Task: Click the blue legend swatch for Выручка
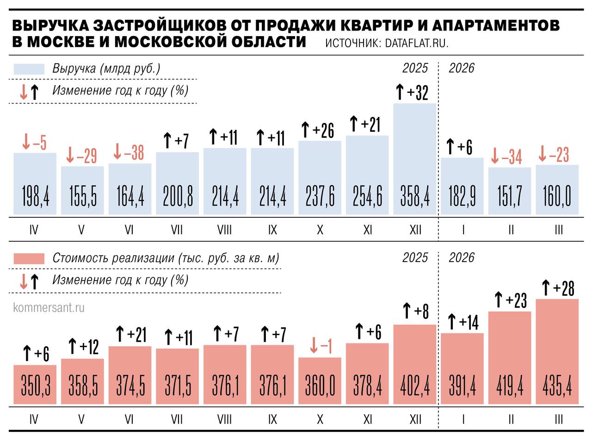click(x=29, y=69)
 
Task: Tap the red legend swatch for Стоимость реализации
click(x=29, y=258)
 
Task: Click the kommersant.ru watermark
click(x=49, y=308)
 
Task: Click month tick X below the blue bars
click(x=320, y=229)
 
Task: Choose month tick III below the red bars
click(x=558, y=419)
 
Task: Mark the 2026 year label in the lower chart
click(x=461, y=257)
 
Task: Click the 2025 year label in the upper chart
click(x=415, y=68)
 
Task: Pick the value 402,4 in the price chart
click(x=415, y=386)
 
